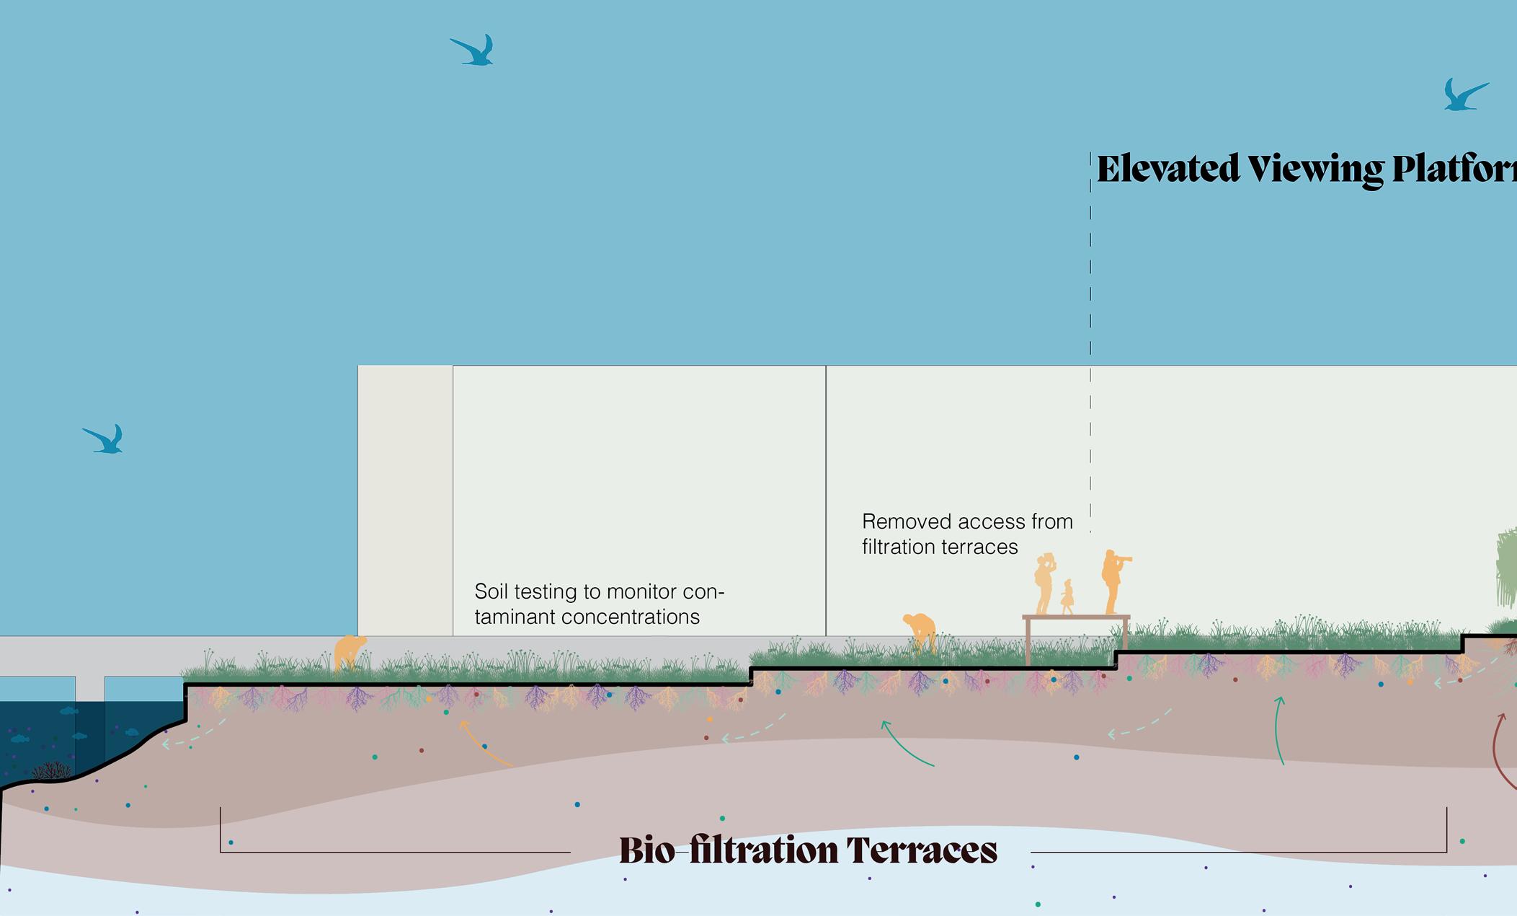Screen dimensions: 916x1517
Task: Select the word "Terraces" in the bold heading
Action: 922,850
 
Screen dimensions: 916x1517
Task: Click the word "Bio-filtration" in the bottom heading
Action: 728,850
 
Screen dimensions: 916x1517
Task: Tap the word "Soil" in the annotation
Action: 491,591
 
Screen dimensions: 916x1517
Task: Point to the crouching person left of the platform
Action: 920,631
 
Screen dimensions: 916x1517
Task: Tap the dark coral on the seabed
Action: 51,771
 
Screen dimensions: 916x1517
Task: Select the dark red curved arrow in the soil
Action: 1500,750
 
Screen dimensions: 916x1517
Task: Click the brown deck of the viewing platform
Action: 1075,617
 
